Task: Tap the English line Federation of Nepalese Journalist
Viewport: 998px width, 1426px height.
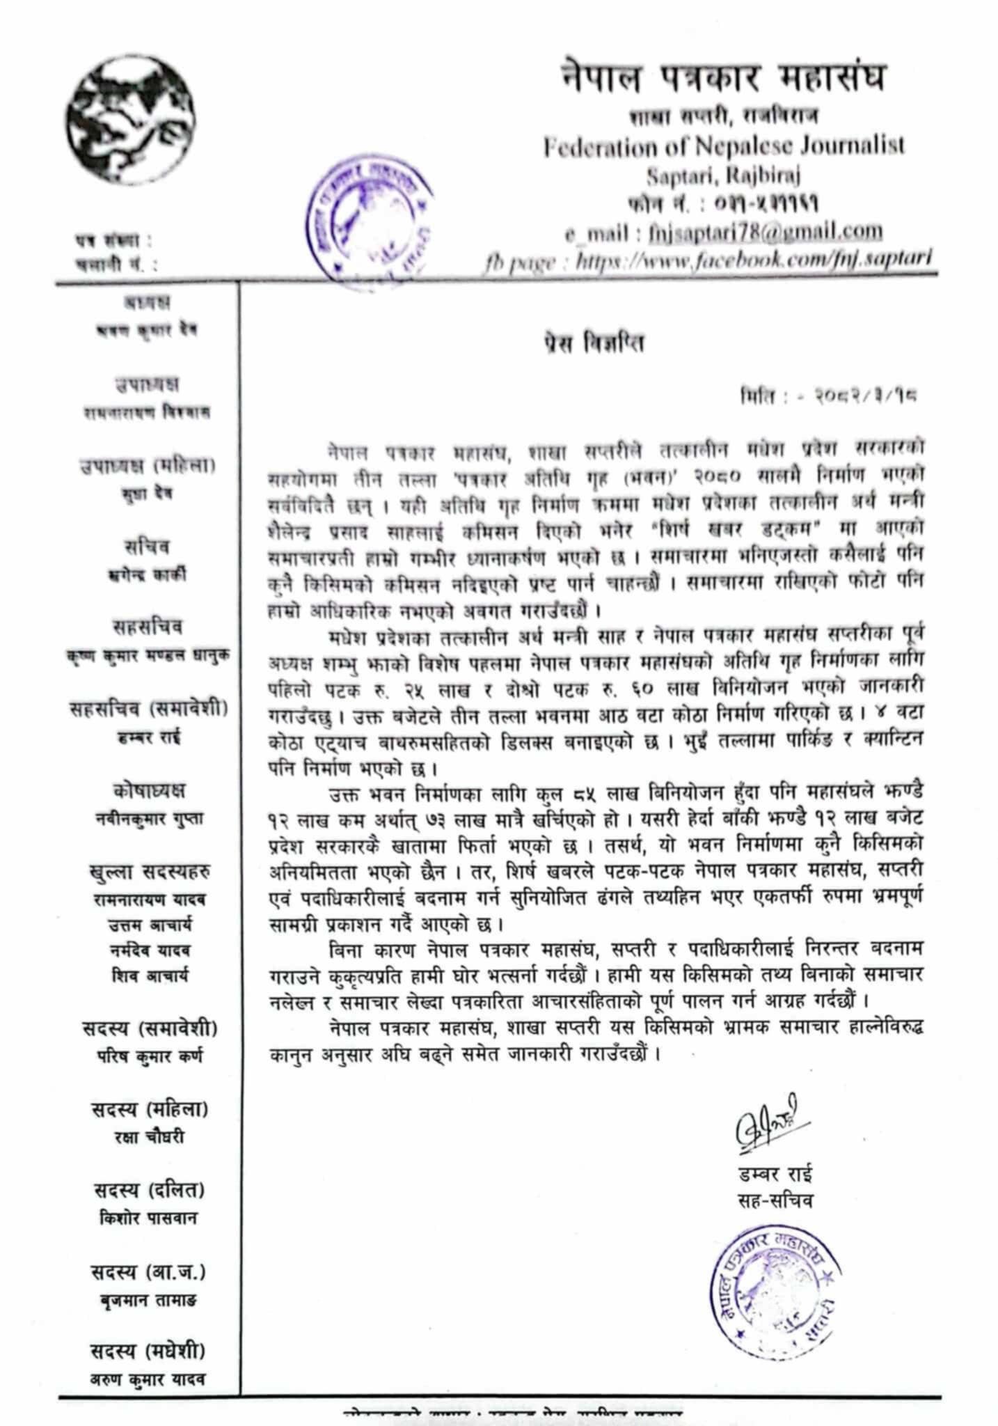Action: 724,147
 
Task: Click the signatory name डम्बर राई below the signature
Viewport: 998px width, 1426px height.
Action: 776,1175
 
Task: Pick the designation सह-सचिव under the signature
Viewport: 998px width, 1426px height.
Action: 776,1200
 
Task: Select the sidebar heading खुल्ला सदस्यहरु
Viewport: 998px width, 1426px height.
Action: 149,871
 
